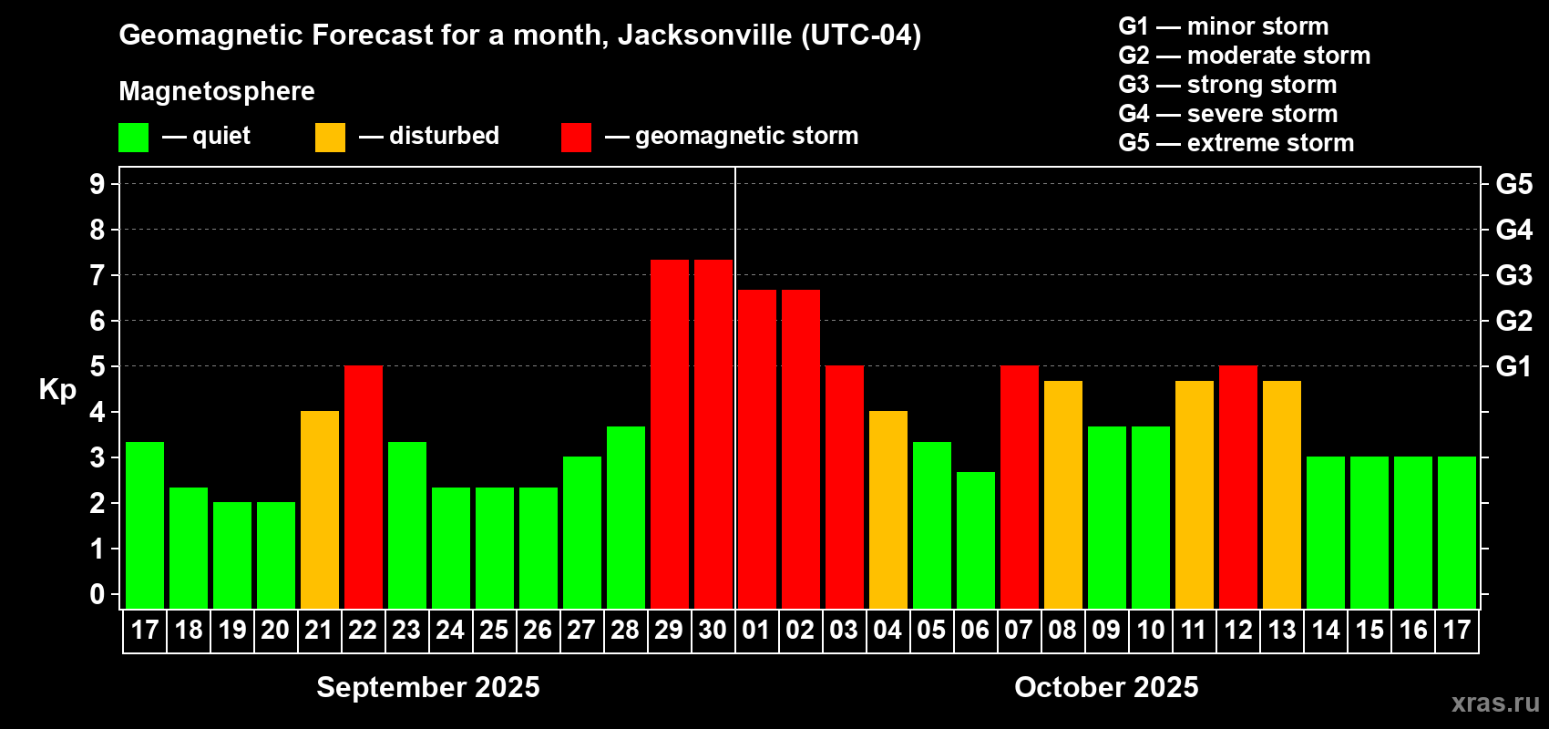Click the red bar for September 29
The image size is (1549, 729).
(670, 434)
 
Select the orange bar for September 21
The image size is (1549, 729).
(320, 509)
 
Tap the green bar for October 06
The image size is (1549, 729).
(976, 539)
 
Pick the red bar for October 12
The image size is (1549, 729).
(1238, 487)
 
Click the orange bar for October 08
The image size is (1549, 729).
(1063, 494)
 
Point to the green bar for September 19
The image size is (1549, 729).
(232, 555)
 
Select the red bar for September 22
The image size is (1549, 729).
(364, 487)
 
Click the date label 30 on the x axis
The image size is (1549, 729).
(713, 631)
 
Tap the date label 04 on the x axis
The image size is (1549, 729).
(887, 631)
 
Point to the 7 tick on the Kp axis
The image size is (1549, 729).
(97, 275)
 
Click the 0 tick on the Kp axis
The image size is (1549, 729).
(97, 594)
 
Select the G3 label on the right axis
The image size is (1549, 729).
(1513, 275)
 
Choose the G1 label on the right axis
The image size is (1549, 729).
(1513, 366)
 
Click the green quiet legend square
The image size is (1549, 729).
(134, 138)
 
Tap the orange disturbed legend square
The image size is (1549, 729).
(330, 138)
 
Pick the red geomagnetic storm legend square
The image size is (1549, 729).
(576, 138)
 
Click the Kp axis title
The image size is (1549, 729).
(57, 390)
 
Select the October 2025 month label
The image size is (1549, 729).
(1106, 687)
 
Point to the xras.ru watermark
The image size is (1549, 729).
(1495, 703)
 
